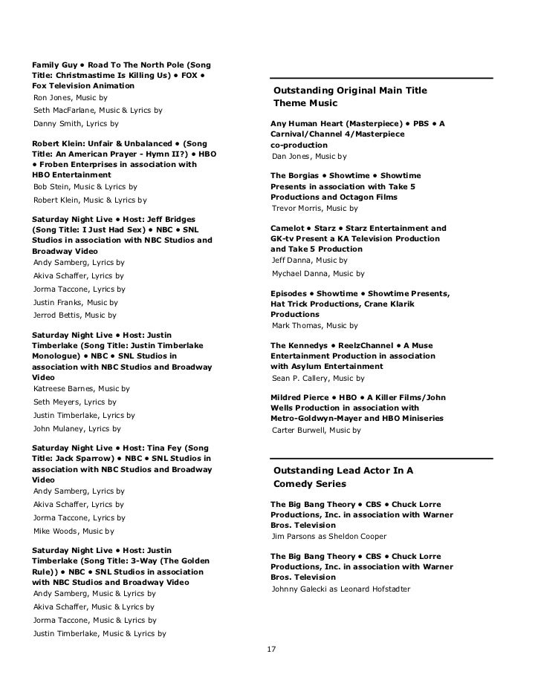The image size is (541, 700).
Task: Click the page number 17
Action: [x=271, y=650]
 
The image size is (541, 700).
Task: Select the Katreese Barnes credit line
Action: [x=82, y=388]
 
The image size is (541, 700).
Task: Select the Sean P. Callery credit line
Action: [x=302, y=378]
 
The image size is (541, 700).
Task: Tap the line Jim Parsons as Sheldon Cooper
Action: [x=329, y=536]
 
